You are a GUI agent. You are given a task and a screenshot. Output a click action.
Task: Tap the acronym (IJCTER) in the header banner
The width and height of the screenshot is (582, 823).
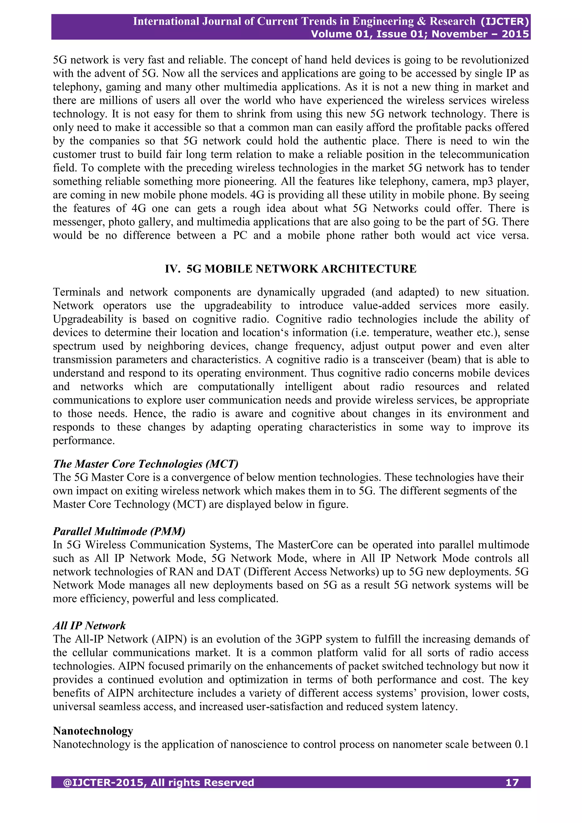(505, 22)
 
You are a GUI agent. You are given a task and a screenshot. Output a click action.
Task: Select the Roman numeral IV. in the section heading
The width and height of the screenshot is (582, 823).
(173, 269)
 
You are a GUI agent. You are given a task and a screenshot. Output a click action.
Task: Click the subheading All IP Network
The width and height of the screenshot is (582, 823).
(89, 625)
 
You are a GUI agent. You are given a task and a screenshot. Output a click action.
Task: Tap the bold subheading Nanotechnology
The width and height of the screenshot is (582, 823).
(93, 731)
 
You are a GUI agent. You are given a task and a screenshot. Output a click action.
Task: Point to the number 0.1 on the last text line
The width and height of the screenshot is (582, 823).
(521, 744)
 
